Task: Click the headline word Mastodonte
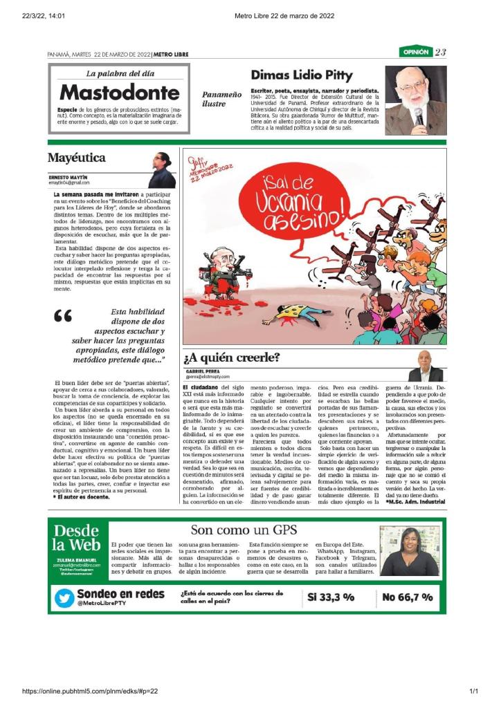point(119,92)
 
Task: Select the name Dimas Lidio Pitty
point(301,75)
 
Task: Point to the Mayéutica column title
point(77,158)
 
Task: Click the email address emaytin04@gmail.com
point(69,183)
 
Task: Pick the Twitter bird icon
point(64,597)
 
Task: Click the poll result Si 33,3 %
point(331,597)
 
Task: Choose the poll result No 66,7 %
point(408,597)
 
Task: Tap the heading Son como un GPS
point(244,530)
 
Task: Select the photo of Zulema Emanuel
point(409,551)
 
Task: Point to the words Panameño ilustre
point(221,98)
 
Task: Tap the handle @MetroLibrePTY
point(101,604)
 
